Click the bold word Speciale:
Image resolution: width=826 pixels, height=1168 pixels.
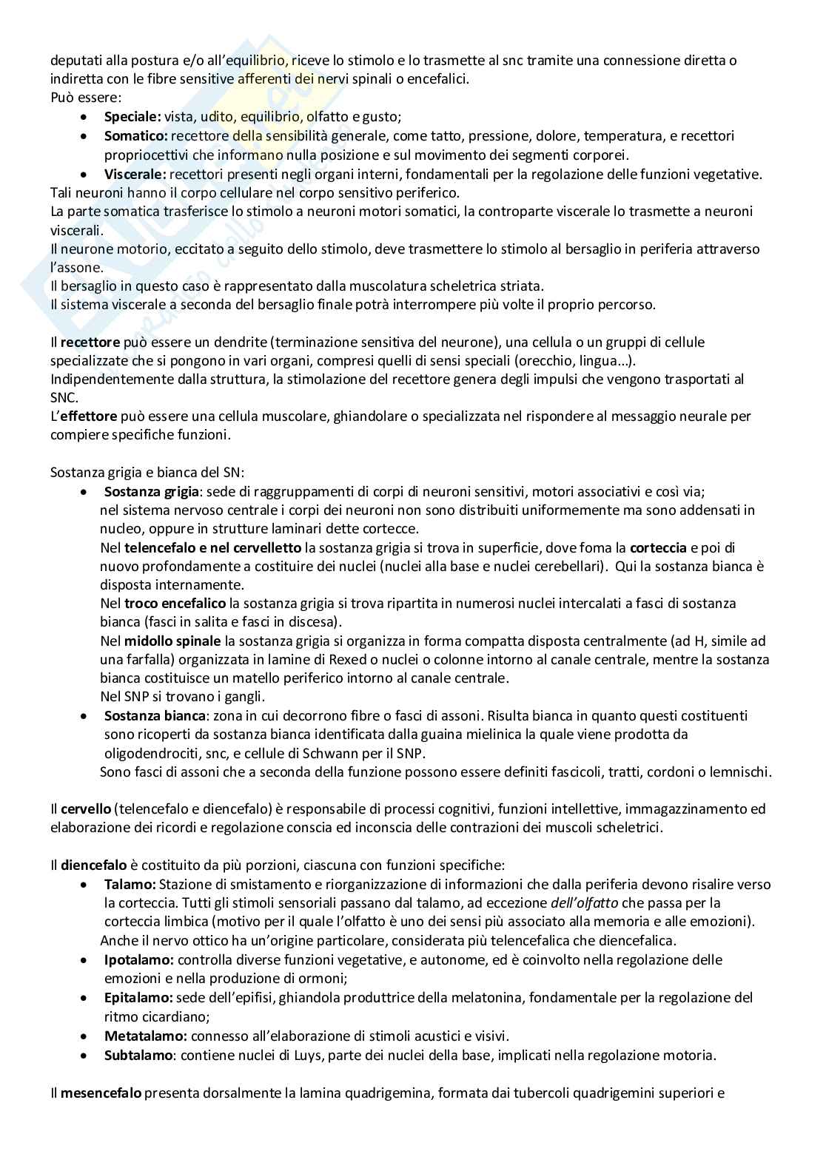coord(132,117)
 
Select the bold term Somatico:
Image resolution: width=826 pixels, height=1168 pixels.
coord(135,136)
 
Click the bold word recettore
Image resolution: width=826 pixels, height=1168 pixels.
coord(90,342)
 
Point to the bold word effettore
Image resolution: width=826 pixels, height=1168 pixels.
coord(88,416)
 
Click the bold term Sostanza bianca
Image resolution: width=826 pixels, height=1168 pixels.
coord(154,716)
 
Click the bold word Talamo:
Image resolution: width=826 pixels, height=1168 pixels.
coord(130,885)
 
